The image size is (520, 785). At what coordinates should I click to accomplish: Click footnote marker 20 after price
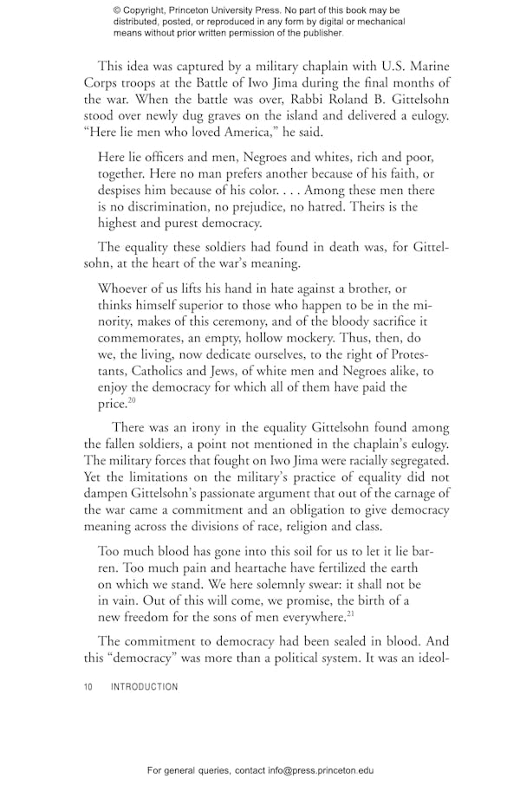point(133,401)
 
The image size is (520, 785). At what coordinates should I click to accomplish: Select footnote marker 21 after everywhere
point(350,614)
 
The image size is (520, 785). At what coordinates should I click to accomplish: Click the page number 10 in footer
point(88,687)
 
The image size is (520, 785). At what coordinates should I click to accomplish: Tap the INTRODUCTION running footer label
point(144,687)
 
